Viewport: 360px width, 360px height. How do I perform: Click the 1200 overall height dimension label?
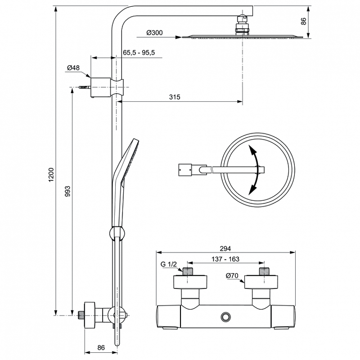click(x=51, y=175)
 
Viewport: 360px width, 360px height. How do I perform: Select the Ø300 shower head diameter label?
click(x=154, y=33)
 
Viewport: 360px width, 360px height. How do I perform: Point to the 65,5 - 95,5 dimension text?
click(x=139, y=53)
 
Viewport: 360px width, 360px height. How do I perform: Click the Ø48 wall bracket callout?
click(x=73, y=68)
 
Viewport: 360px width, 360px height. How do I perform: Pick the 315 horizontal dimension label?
click(x=175, y=97)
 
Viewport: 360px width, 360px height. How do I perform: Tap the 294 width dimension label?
click(x=225, y=248)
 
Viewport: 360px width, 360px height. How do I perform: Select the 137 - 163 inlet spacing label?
click(x=225, y=259)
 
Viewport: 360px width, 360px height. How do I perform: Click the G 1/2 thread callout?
click(x=169, y=264)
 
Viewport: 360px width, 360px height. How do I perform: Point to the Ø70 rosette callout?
click(x=232, y=275)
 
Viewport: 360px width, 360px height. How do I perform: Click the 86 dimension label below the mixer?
click(x=101, y=347)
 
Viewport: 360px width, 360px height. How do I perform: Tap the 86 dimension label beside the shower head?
click(x=303, y=21)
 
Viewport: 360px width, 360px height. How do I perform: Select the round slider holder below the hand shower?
click(x=117, y=233)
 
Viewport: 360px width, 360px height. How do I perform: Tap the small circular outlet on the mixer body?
click(x=225, y=317)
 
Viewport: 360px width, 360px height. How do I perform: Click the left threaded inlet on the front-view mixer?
click(x=188, y=271)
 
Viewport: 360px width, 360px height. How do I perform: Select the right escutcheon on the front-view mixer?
click(x=261, y=282)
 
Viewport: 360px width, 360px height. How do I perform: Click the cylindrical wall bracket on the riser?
click(x=101, y=87)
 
